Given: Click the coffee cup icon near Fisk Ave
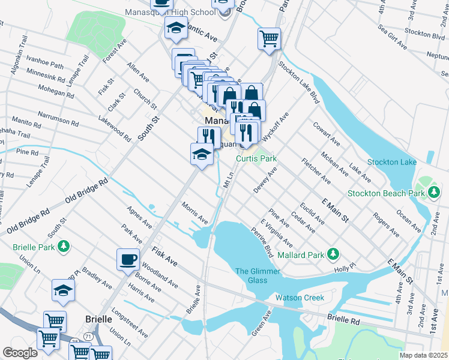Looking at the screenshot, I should [128, 259].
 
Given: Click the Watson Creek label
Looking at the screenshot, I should [300, 298].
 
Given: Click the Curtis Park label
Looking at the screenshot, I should [256, 159].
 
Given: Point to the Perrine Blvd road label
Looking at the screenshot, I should [262, 242].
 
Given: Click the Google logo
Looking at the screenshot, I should [20, 353].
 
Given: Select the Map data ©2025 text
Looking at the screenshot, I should [423, 355].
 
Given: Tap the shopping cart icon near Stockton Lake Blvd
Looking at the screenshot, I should [270, 39].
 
